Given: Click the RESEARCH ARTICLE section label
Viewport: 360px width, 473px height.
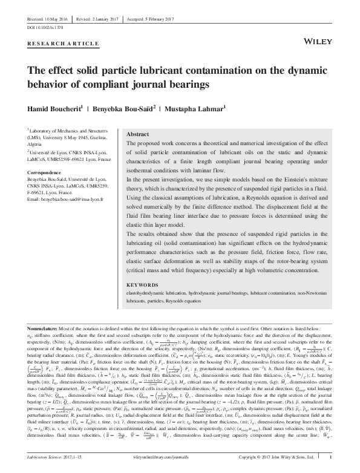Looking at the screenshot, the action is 64,44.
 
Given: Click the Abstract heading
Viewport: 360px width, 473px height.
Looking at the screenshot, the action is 139,134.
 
